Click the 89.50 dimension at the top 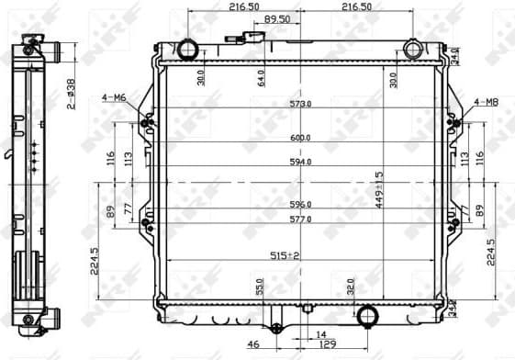(277, 18)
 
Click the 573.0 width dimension (300, 104)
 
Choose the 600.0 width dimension (300, 138)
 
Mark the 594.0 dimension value (300, 162)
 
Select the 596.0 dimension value (300, 204)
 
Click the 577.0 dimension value (300, 219)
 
